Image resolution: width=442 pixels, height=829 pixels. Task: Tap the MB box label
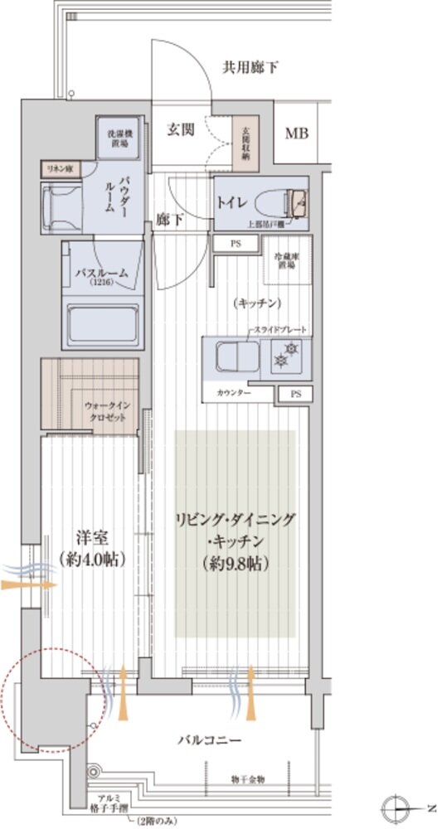click(x=295, y=133)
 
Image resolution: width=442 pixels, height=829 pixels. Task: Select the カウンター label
click(x=233, y=392)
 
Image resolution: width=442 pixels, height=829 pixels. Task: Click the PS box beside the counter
click(x=295, y=395)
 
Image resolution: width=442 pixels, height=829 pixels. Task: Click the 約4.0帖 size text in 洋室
click(x=92, y=560)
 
